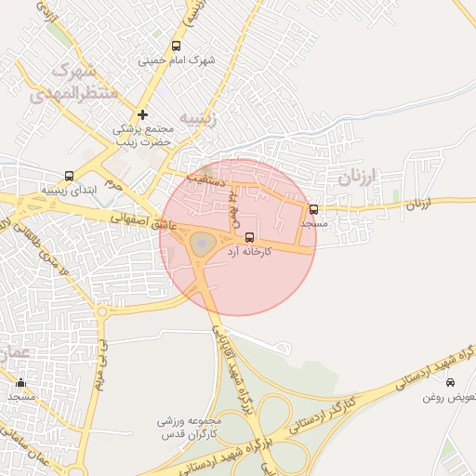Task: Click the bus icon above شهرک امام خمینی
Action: coord(177,46)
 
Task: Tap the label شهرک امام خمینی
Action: coord(177,60)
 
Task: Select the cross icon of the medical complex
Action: coord(142,114)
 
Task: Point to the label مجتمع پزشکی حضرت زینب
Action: coord(144,137)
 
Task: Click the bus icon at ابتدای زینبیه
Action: coord(69,176)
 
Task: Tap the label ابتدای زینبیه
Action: coord(67,190)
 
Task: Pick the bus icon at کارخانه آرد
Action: coord(248,237)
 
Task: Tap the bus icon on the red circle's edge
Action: coord(313,210)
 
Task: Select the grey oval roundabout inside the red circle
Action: coord(203,245)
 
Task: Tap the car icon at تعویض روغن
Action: coord(451,382)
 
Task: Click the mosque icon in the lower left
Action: coord(21,382)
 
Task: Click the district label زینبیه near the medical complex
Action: coord(197,118)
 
